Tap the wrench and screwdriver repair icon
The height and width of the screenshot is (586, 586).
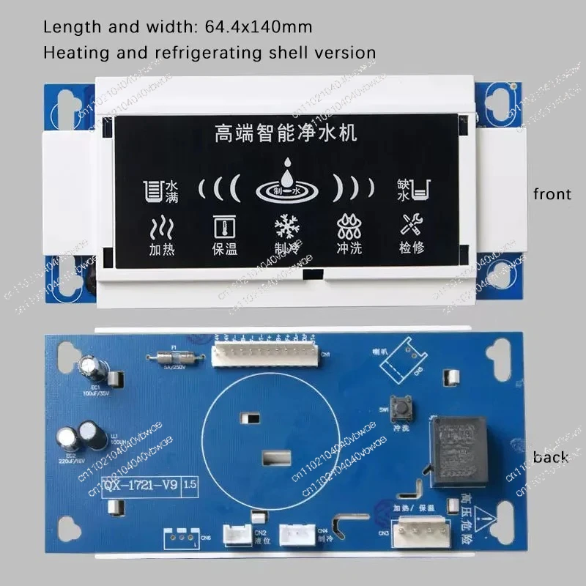(407, 224)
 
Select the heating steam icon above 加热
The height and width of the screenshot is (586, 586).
(161, 225)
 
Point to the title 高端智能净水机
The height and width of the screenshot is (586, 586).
(285, 134)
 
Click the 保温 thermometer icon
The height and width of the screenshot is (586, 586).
(223, 225)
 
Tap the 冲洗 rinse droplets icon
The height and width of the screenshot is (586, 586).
(346, 224)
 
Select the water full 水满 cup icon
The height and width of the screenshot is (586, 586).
(152, 191)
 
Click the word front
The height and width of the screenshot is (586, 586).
(552, 194)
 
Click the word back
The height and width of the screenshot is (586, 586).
(551, 457)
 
